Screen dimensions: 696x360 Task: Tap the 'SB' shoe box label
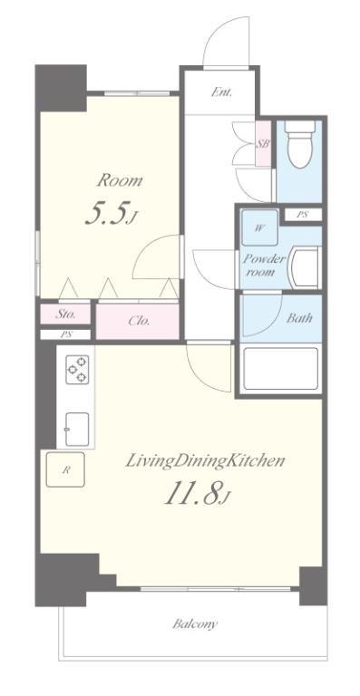coord(263,144)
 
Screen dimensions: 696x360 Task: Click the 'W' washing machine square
coord(258,227)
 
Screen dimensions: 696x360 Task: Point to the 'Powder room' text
coord(263,265)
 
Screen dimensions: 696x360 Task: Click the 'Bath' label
coord(275,318)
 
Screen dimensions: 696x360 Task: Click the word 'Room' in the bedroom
coord(120,180)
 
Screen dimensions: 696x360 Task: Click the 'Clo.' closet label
coord(138,320)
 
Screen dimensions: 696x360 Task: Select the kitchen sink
coord(76,424)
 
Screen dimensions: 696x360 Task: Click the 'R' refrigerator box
coord(65,469)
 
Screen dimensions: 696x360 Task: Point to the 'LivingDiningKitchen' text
coord(205,460)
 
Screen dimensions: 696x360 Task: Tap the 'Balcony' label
coord(195,623)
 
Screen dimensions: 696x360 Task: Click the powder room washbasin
coord(304,269)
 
